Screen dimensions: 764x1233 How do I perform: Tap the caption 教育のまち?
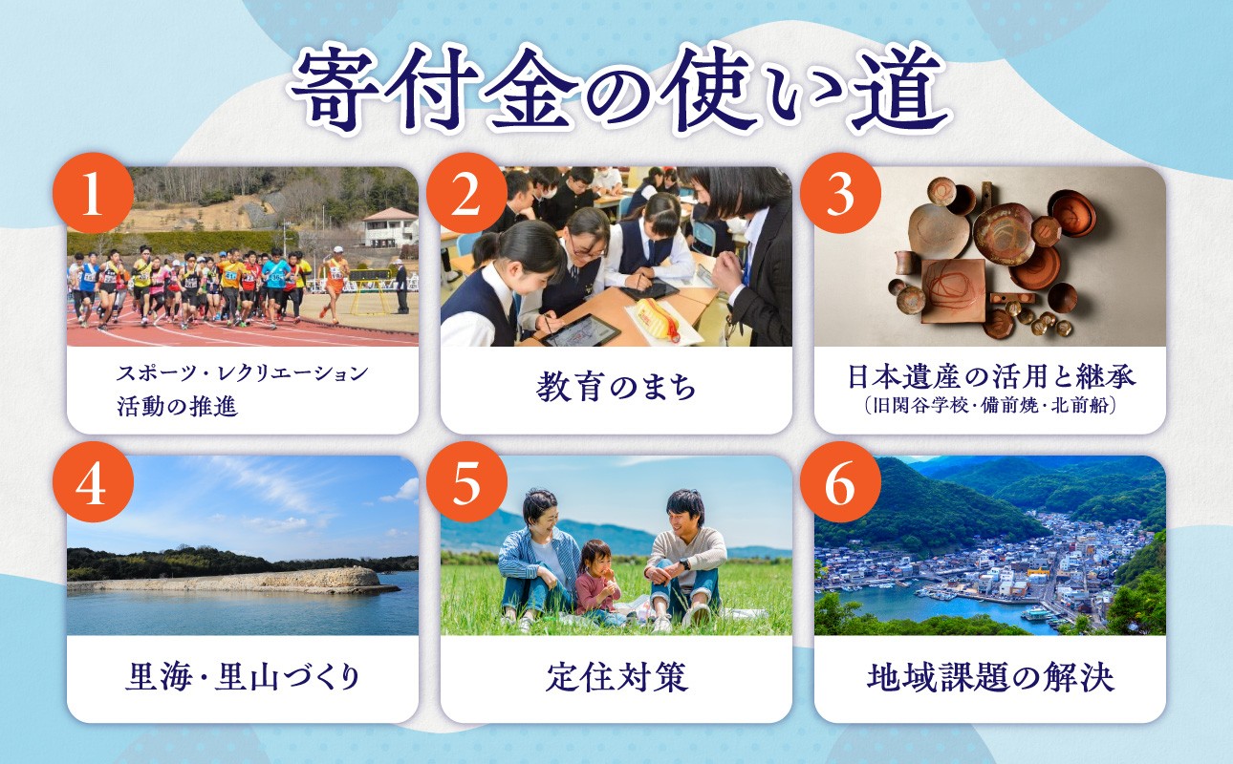[616, 389]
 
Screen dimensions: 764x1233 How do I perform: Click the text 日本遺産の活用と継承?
[990, 375]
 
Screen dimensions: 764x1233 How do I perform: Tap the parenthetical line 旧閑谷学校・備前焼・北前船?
[990, 405]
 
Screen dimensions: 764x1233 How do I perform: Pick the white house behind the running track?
[390, 227]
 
